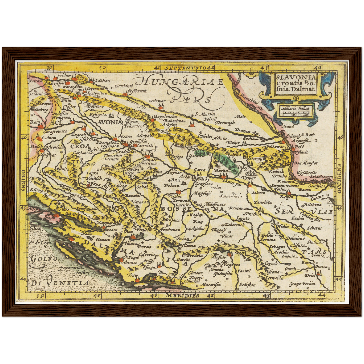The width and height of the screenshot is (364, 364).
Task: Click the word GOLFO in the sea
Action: (43, 259)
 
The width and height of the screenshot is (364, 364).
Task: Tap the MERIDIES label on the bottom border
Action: (182, 295)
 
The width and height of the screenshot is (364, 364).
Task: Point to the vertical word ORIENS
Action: (23, 180)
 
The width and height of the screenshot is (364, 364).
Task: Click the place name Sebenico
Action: (129, 262)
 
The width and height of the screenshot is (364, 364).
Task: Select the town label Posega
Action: (177, 157)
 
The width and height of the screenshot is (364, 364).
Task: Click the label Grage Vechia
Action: (302, 284)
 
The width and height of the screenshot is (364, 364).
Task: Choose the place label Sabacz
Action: (257, 193)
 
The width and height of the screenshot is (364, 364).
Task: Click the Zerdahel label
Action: (122, 86)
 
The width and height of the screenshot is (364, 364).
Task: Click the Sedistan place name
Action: (247, 285)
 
